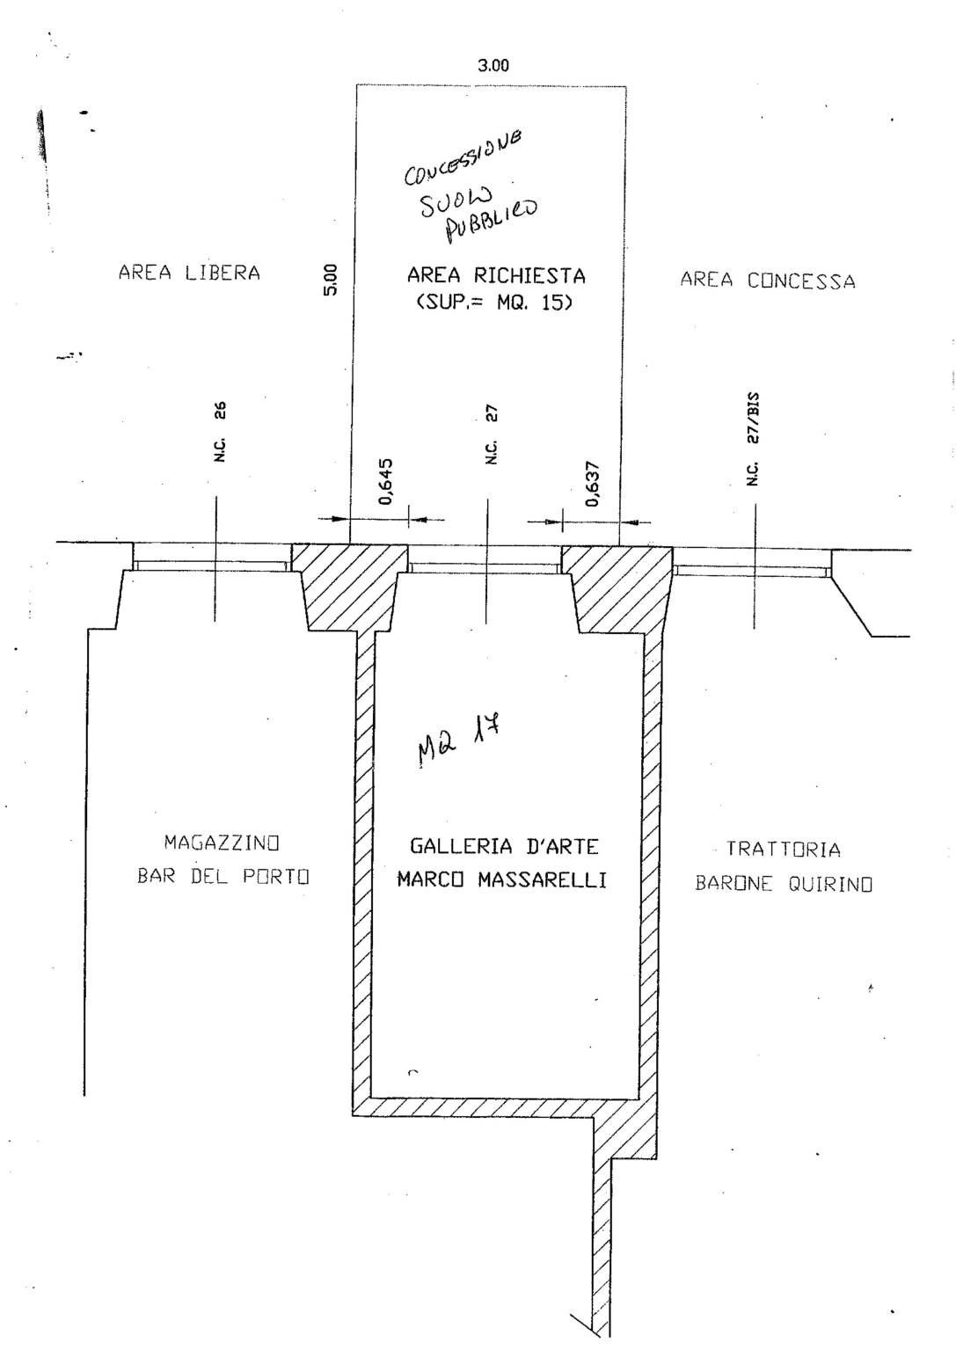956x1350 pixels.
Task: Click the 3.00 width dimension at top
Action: (493, 66)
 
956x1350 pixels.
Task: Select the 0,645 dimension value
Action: (386, 481)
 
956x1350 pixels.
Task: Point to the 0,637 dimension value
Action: (593, 485)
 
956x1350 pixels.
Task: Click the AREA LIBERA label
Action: (190, 273)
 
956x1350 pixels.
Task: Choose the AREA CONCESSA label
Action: (767, 281)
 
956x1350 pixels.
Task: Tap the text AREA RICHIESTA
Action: (495, 275)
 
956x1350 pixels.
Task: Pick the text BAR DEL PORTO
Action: (223, 877)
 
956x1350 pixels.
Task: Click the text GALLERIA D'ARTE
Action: (504, 847)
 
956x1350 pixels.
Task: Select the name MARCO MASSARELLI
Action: (501, 880)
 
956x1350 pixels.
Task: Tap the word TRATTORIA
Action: (783, 850)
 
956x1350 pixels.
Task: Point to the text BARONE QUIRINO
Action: (784, 884)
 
